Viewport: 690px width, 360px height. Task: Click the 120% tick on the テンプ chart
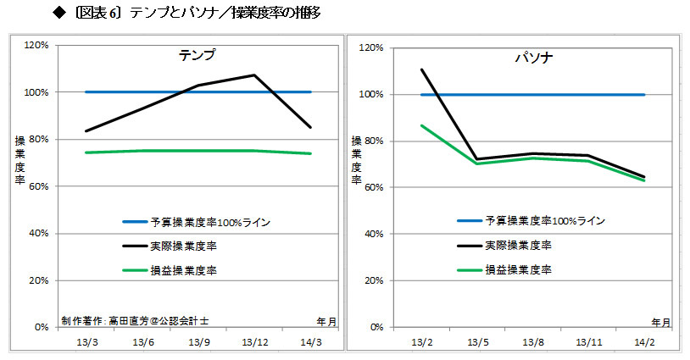tap(36, 45)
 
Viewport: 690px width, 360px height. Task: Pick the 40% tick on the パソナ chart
tap(373, 235)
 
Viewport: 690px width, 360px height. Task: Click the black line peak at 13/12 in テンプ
tap(254, 75)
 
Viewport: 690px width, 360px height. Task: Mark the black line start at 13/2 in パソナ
tap(421, 69)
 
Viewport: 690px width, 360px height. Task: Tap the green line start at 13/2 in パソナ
tap(421, 125)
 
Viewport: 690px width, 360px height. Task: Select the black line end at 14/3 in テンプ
tap(311, 127)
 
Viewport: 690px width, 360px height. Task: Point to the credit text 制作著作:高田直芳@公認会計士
tap(135, 320)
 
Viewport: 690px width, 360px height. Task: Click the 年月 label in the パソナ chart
tap(661, 322)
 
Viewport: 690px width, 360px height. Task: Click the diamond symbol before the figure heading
tap(58, 12)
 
